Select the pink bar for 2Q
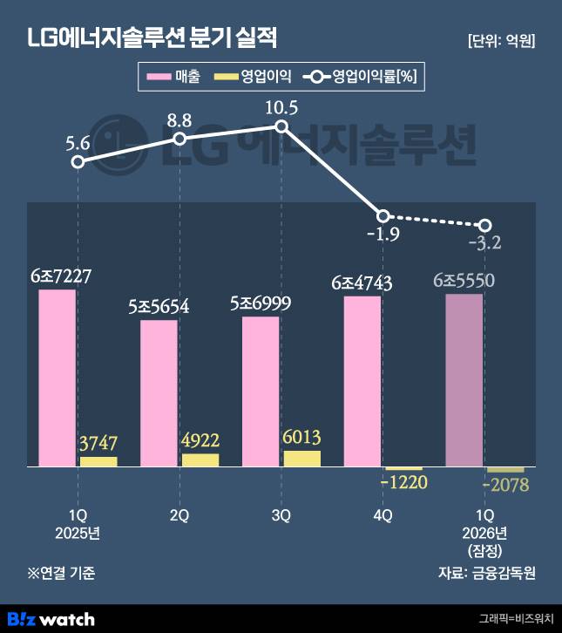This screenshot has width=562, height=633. pyautogui.click(x=159, y=393)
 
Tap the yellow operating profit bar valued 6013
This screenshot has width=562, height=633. pyautogui.click(x=301, y=459)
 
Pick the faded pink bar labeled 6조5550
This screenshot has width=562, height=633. pyautogui.click(x=464, y=380)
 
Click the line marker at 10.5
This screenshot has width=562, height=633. pyautogui.click(x=281, y=127)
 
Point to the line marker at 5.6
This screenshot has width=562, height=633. pyautogui.click(x=78, y=161)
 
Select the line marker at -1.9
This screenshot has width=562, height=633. pyautogui.click(x=383, y=215)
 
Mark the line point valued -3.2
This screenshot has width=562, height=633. pyautogui.click(x=485, y=226)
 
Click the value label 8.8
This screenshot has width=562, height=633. pyautogui.click(x=179, y=118)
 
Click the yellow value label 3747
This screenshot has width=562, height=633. pyautogui.click(x=98, y=443)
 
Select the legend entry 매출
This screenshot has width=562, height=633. pyautogui.click(x=175, y=77)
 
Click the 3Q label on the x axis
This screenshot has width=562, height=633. pyautogui.click(x=281, y=515)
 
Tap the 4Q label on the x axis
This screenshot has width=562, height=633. pyautogui.click(x=383, y=515)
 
